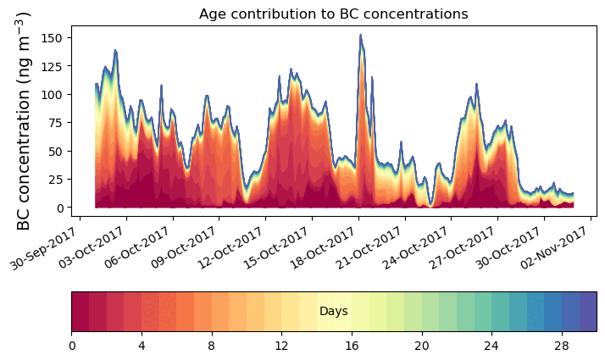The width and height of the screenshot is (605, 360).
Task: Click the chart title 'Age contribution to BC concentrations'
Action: tap(333, 14)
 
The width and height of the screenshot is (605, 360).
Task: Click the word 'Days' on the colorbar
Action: tap(333, 312)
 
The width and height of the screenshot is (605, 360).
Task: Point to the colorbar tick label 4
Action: tap(142, 346)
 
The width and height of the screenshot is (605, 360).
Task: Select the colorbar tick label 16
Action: tap(352, 346)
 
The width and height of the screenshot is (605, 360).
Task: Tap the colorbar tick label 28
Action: tap(561, 346)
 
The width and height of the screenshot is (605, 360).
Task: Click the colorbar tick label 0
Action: tap(72, 346)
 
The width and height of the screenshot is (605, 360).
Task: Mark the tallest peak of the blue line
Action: tap(360, 36)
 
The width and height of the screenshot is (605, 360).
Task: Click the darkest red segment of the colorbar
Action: tap(80, 312)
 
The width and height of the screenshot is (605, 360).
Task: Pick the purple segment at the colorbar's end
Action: tap(587, 312)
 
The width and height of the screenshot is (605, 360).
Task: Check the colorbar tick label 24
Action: tap(491, 346)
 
